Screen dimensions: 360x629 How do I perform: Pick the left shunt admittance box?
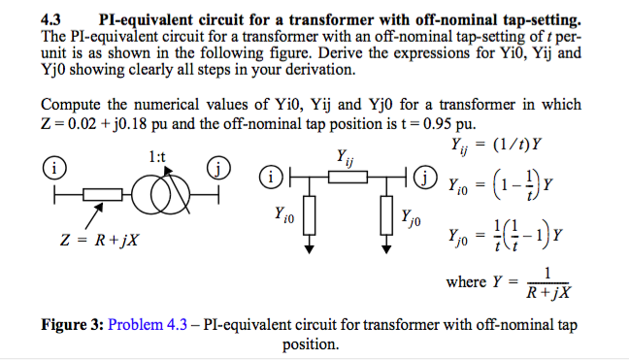[308, 214]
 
